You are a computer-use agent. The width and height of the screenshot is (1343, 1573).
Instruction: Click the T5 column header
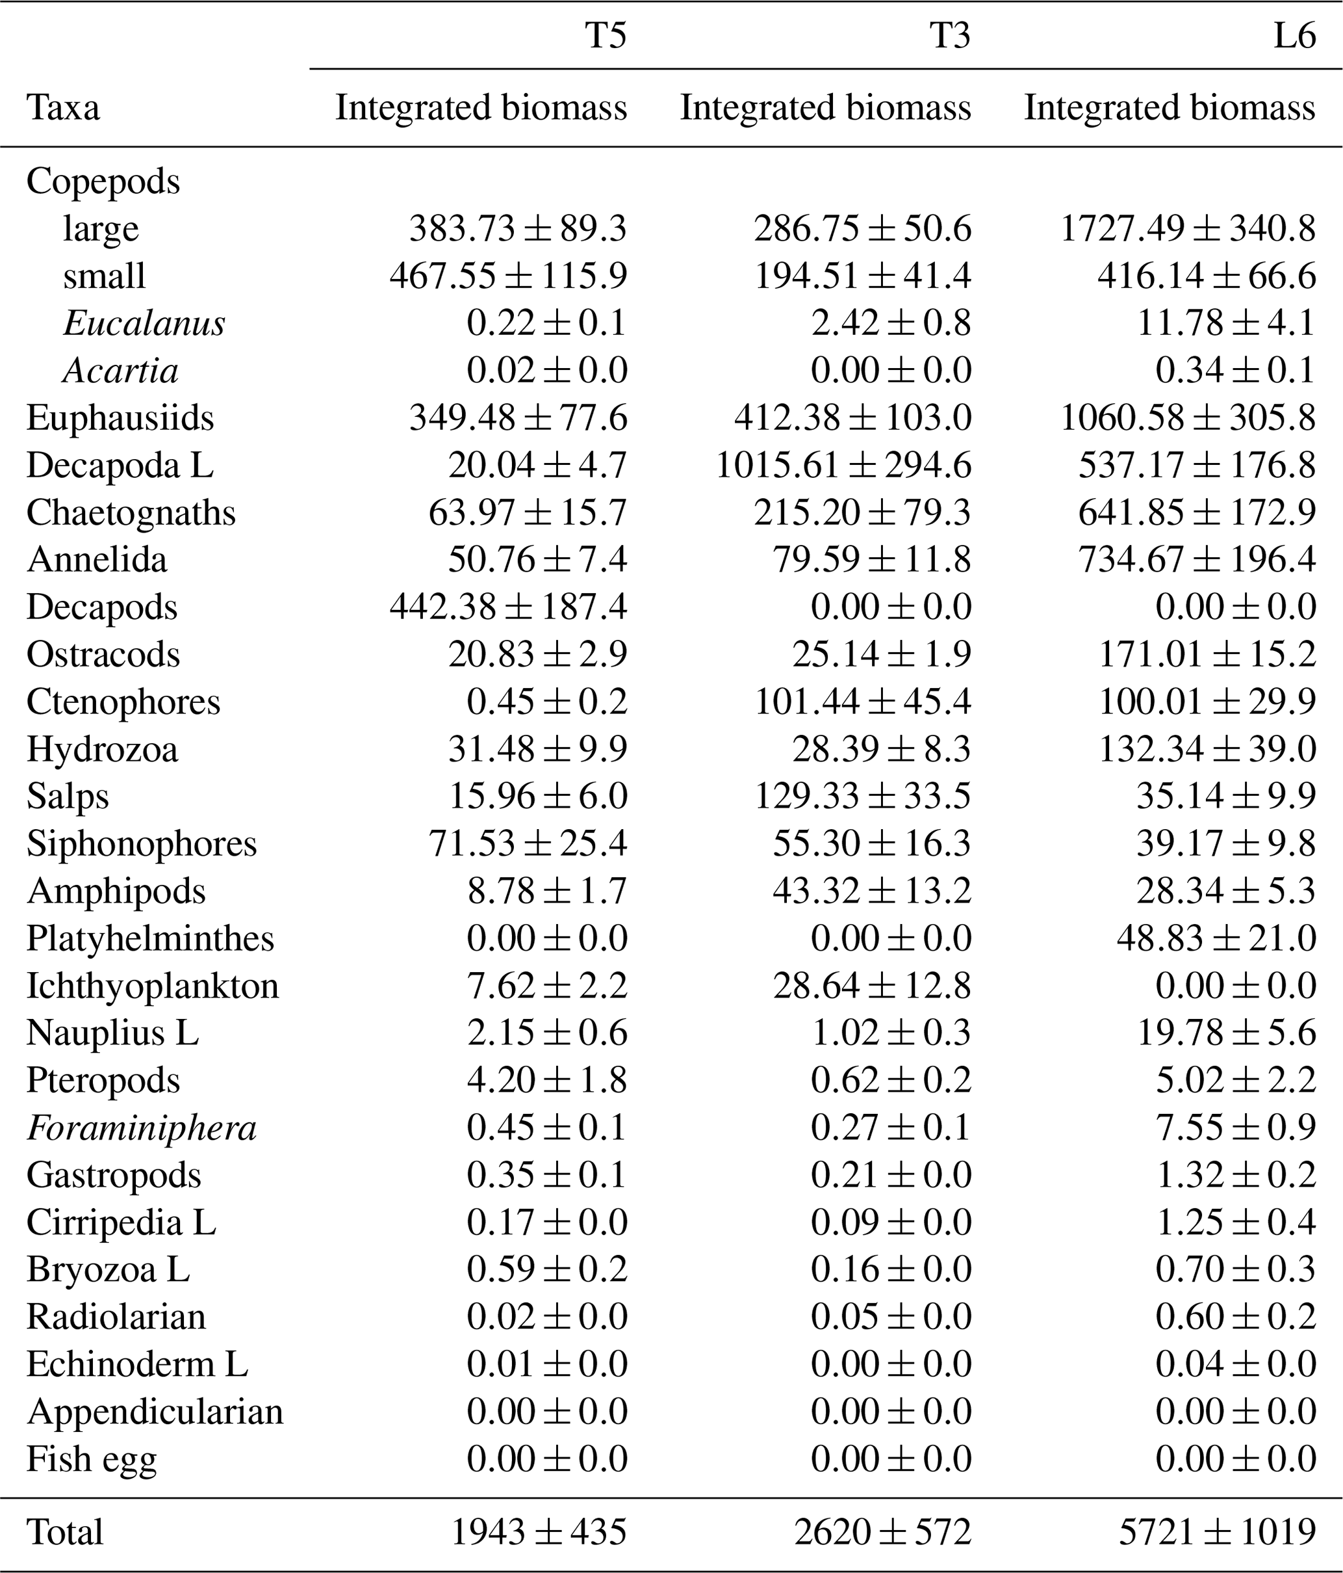[606, 36]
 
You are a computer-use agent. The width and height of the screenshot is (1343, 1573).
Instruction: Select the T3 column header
[949, 36]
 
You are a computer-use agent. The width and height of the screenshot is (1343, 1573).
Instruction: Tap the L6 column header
[1294, 36]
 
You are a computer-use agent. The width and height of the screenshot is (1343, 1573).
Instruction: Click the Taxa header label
[63, 108]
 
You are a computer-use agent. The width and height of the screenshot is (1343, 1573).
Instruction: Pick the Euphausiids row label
[120, 418]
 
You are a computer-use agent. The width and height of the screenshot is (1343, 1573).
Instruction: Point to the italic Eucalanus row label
[144, 323]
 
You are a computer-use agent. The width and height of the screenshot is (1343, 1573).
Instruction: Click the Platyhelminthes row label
[150, 938]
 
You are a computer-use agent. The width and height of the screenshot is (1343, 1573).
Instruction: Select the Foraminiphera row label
[142, 1128]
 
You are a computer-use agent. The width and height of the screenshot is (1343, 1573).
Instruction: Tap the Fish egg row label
[92, 1459]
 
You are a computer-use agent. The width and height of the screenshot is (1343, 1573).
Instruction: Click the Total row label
[64, 1532]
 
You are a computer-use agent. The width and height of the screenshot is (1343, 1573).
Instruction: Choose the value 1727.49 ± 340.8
[1188, 228]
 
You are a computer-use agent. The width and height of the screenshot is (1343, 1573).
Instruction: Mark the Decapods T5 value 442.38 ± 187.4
[508, 607]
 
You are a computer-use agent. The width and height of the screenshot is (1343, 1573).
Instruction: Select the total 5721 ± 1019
[1217, 1532]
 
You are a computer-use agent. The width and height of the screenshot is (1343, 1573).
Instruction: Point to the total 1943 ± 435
[539, 1532]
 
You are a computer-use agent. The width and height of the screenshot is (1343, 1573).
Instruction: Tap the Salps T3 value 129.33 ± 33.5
[863, 797]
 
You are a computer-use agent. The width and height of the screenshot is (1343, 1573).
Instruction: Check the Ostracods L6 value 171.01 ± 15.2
[1207, 654]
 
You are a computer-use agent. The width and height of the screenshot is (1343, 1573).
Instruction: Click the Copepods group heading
[103, 181]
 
